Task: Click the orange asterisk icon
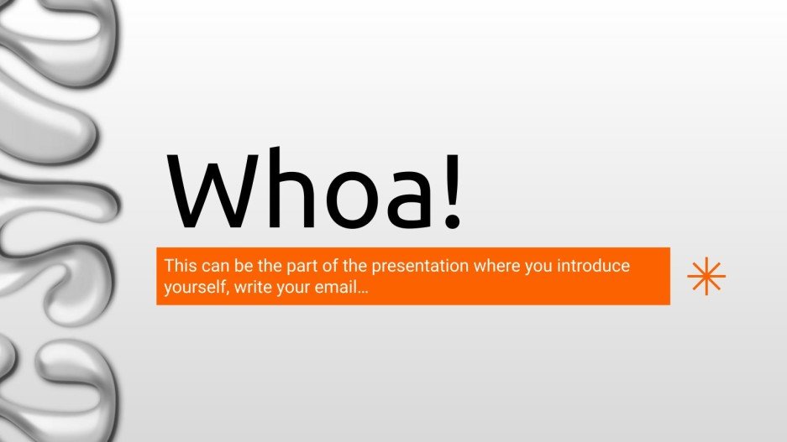pyautogui.click(x=706, y=276)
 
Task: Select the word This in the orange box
pyautogui.click(x=180, y=267)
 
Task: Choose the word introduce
pyautogui.click(x=594, y=267)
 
